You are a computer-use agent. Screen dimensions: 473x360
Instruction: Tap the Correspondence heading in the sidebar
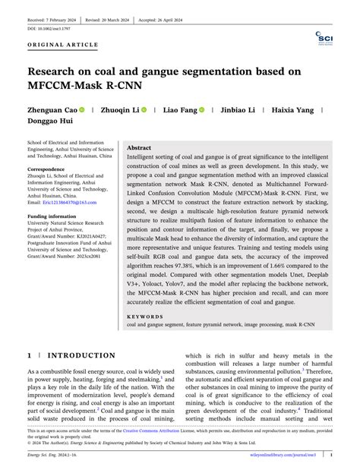46,169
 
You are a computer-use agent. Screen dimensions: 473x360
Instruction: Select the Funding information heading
54,216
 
